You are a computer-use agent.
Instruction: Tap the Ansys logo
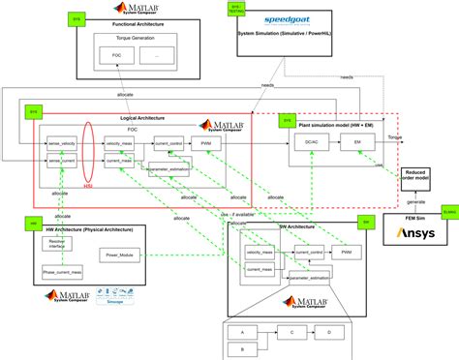pyautogui.click(x=426, y=233)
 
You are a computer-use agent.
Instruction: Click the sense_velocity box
pyautogui.click(x=63, y=142)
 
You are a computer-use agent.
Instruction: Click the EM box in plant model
pyautogui.click(x=356, y=142)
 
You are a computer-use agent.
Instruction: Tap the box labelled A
pyautogui.click(x=237, y=331)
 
